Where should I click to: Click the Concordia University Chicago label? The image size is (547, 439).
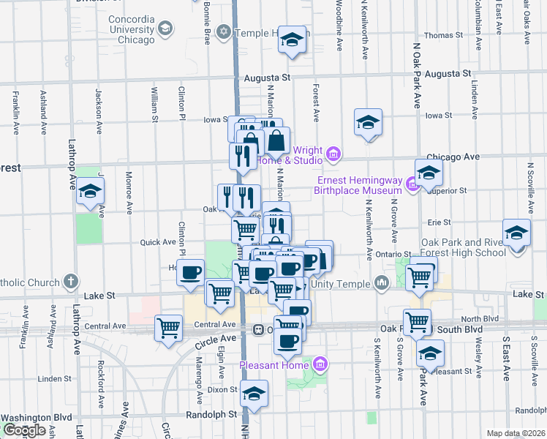pyautogui.click(x=132, y=29)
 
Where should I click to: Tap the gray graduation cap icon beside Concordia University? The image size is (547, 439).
pyautogui.click(x=166, y=29)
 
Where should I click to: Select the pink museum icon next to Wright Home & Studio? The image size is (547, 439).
pyautogui.click(x=333, y=154)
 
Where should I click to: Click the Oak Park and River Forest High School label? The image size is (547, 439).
pyautogui.click(x=463, y=247)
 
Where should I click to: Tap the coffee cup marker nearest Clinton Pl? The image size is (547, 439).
pyautogui.click(x=191, y=272)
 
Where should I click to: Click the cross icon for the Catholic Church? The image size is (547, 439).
pyautogui.click(x=70, y=280)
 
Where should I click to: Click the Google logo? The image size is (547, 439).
pyautogui.click(x=24, y=430)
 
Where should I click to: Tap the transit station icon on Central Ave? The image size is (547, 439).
pyautogui.click(x=259, y=329)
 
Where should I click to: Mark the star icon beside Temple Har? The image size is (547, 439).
pyautogui.click(x=224, y=32)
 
